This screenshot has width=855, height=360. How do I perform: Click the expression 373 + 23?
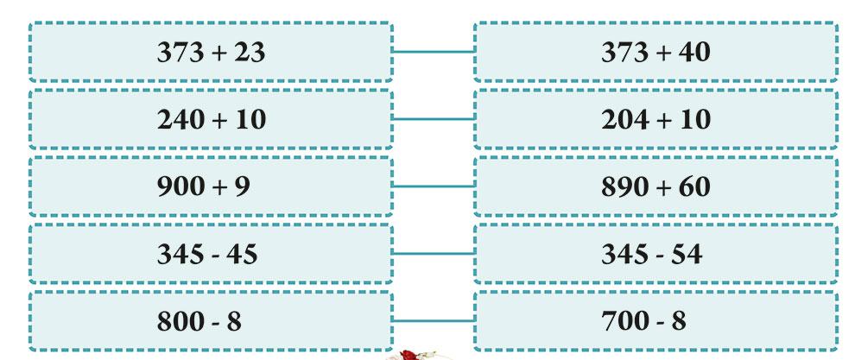[211, 53]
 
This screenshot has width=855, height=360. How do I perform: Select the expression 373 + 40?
[656, 53]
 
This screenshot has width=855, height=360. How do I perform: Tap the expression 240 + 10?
[212, 119]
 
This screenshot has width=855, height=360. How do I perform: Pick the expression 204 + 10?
[656, 119]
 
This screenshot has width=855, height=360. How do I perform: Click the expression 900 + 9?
[204, 186]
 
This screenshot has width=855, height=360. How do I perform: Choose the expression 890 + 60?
[656, 186]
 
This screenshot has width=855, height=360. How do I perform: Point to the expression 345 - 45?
[207, 254]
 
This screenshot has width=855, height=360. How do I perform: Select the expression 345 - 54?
[651, 254]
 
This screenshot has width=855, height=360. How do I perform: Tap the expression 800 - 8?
[199, 321]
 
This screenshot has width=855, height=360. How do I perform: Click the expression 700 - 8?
[643, 321]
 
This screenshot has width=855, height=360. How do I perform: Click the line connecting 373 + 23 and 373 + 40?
[434, 52]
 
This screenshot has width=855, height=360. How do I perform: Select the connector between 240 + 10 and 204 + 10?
[434, 119]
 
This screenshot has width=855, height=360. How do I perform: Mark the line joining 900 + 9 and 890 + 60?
[434, 186]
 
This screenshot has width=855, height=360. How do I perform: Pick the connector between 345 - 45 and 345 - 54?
[434, 254]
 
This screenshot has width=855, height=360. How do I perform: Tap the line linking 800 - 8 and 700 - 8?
[434, 321]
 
